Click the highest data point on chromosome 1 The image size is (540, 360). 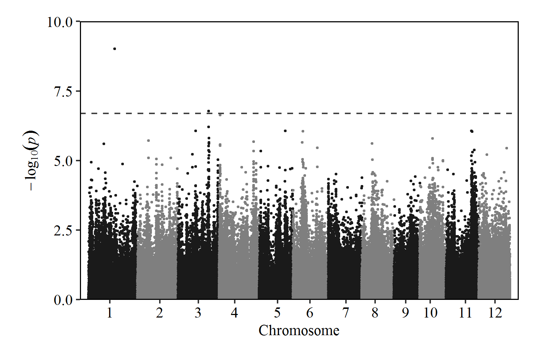(114, 49)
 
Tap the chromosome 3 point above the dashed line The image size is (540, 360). (208, 111)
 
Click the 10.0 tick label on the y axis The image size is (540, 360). (60, 22)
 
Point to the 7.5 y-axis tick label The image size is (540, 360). (63, 91)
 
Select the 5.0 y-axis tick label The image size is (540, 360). (63, 161)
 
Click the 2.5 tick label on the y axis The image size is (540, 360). (63, 230)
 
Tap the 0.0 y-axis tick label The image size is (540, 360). (63, 300)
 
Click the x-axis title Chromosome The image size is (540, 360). (299, 330)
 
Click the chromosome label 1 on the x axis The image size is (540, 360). (109, 313)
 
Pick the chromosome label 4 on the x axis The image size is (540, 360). (234, 313)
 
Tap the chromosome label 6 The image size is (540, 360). (310, 313)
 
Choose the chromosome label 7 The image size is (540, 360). (346, 313)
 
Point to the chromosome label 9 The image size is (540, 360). (405, 313)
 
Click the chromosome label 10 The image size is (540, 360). (430, 313)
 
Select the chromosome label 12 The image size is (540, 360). (495, 313)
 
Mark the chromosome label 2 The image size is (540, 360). (159, 313)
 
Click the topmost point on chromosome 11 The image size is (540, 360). (472, 131)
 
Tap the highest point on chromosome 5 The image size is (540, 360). (285, 131)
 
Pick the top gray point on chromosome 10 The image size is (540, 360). (432, 138)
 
